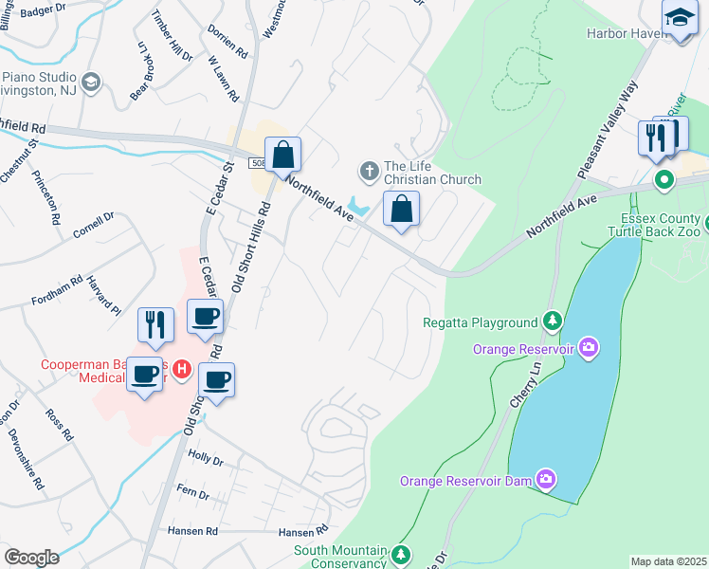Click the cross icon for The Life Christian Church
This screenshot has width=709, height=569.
coord(368,172)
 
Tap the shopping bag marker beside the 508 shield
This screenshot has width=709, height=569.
coord(282,155)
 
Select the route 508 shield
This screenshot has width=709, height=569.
coord(259,163)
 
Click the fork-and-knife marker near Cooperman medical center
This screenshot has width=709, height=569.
coord(155,323)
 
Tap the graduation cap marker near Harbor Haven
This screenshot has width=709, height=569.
coord(680,18)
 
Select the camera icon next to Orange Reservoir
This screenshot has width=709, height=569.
coord(589,348)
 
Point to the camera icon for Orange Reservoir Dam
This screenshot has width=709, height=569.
coord(545,480)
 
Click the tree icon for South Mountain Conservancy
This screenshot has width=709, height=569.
coord(402,553)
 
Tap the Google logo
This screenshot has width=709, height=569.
coord(31,558)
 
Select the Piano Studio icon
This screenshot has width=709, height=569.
coord(91,83)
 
